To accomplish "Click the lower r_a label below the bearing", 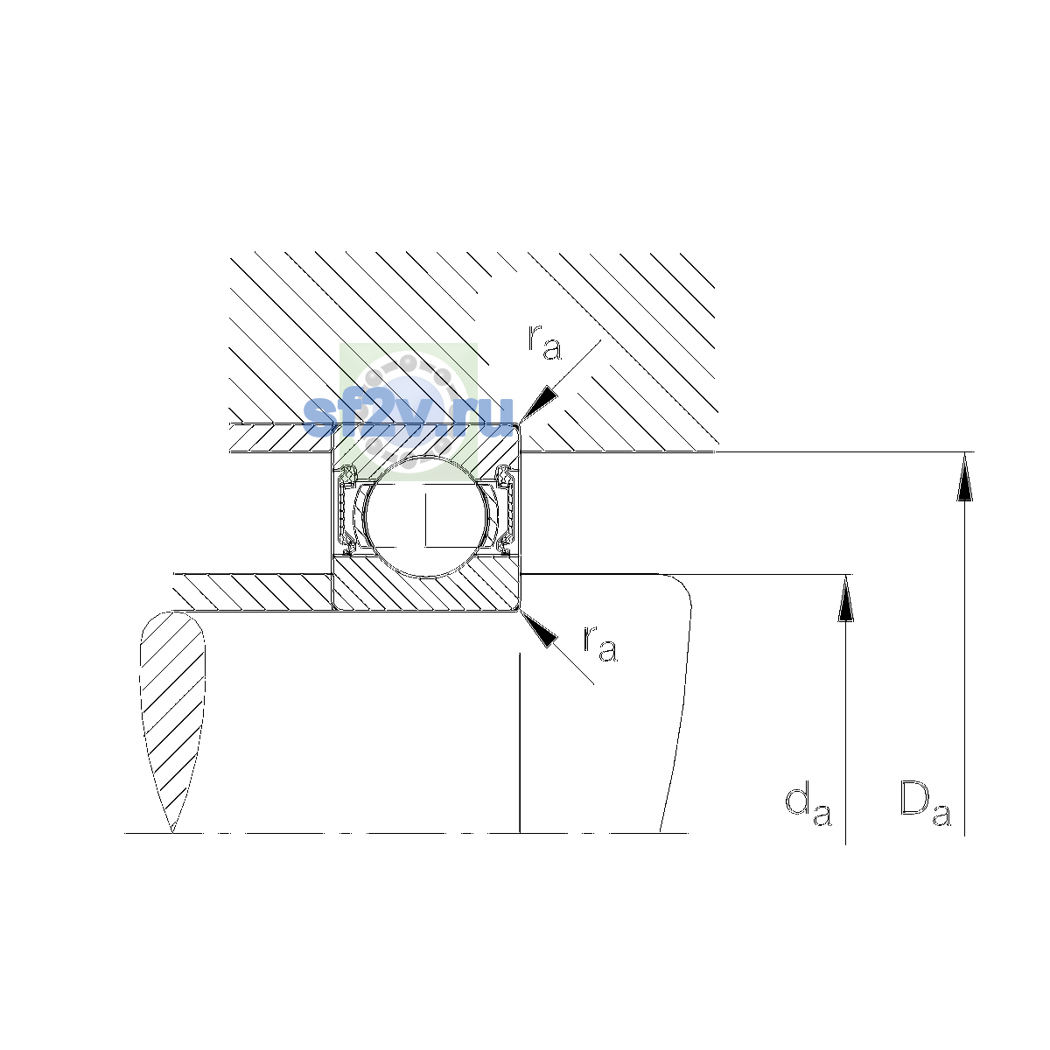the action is pos(600,644).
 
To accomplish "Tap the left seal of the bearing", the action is pos(346,509).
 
